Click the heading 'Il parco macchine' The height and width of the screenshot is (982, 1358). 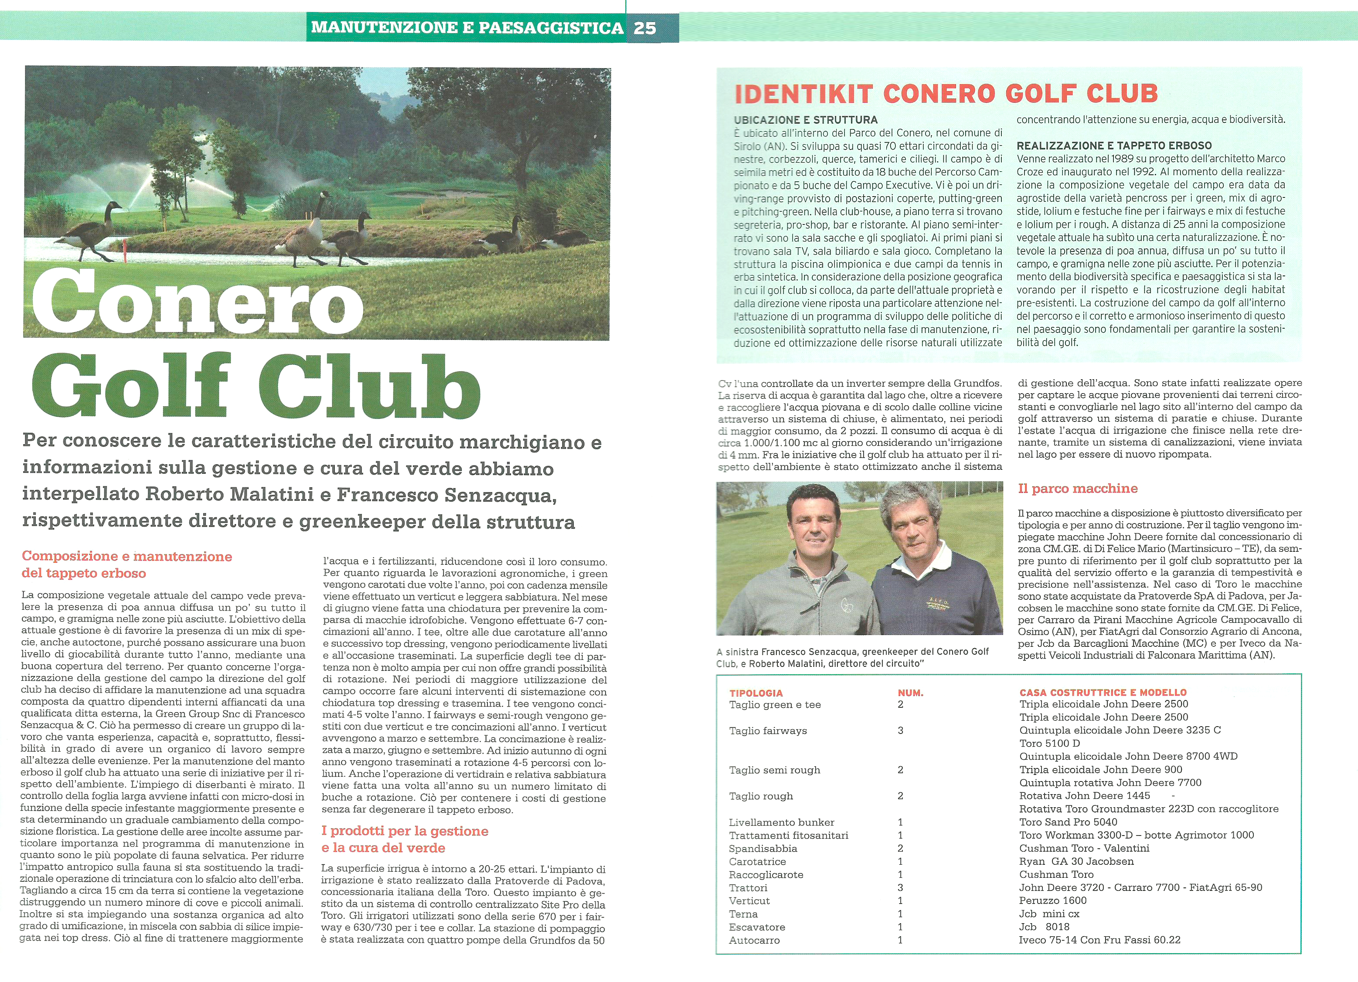pyautogui.click(x=1077, y=489)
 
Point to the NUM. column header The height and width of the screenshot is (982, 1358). pyautogui.click(x=910, y=693)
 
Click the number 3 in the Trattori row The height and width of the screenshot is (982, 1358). pyautogui.click(x=900, y=887)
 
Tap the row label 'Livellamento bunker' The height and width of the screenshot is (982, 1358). pyautogui.click(x=781, y=822)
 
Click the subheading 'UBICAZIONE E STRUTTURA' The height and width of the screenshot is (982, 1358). pyautogui.click(x=805, y=120)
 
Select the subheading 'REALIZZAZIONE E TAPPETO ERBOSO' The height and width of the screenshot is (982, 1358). pyautogui.click(x=1114, y=146)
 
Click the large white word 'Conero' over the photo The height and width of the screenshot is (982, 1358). pyautogui.click(x=197, y=302)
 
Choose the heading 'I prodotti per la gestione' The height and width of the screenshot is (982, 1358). pyautogui.click(x=405, y=831)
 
